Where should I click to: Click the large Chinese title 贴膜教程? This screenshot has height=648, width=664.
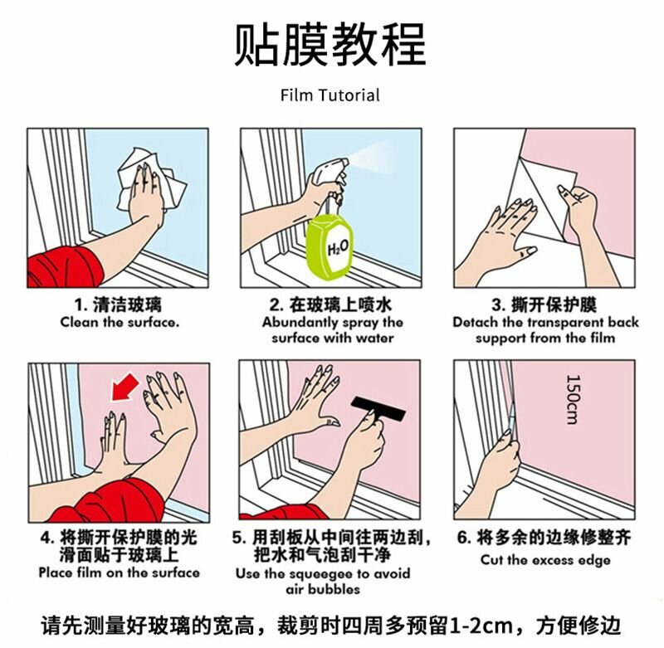point(330,45)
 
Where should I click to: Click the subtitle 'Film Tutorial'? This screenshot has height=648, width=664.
point(330,95)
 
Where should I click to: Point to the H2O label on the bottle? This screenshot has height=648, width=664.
point(338,247)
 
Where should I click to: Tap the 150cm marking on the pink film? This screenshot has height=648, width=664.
point(573,399)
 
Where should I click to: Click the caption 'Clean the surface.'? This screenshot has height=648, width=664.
point(120,322)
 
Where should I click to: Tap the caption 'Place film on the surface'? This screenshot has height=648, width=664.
point(119,572)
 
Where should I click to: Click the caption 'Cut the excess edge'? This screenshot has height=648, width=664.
point(545,560)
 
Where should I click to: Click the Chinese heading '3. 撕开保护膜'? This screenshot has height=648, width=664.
point(544,305)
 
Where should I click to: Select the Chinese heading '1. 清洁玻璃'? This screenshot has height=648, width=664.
point(118,305)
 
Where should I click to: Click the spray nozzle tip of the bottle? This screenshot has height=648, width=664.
point(346,161)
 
